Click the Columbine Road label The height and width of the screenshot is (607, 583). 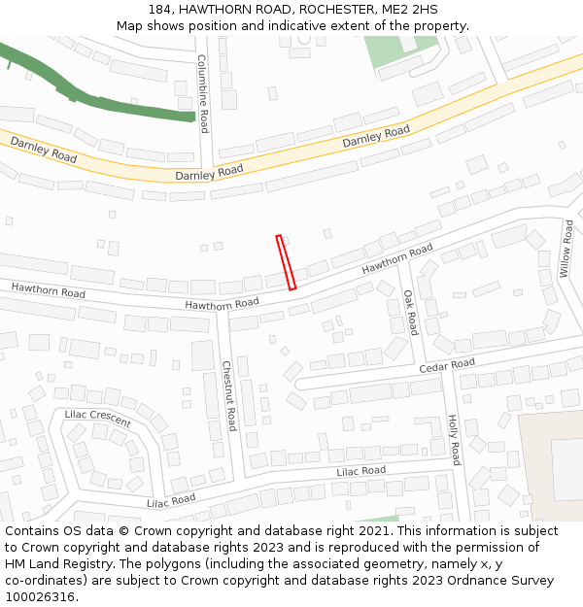pyautogui.click(x=203, y=93)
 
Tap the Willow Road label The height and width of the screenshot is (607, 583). pyautogui.click(x=566, y=248)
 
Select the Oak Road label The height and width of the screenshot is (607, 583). pyautogui.click(x=410, y=312)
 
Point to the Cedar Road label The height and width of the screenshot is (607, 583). pyautogui.click(x=447, y=366)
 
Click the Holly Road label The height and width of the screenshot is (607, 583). pyautogui.click(x=453, y=439)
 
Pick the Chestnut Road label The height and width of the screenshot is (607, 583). pyautogui.click(x=228, y=395)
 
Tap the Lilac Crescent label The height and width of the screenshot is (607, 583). pyautogui.click(x=97, y=419)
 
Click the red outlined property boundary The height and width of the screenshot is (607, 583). pyautogui.click(x=286, y=262)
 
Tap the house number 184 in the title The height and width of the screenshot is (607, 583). pyautogui.click(x=162, y=9)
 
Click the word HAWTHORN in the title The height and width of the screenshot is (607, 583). pyautogui.click(x=220, y=9)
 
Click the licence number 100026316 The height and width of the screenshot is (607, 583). pyautogui.click(x=41, y=597)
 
